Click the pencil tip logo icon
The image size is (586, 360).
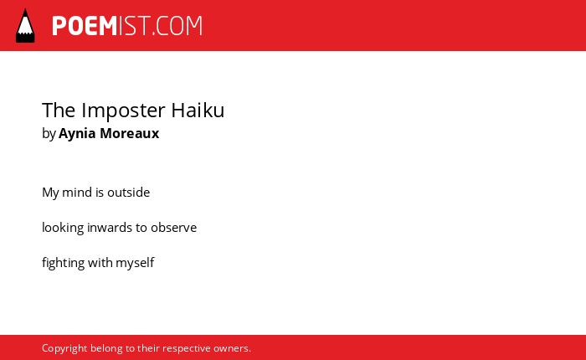point(25,26)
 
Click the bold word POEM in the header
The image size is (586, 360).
point(85,26)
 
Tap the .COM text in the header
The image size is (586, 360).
point(177,26)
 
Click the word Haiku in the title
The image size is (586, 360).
point(198,111)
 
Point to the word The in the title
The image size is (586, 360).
point(59,111)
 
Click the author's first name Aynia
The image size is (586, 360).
point(77,134)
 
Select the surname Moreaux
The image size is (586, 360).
point(129,133)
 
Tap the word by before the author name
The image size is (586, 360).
point(49,134)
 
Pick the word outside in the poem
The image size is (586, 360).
point(129,193)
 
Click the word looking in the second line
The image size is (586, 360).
point(63,228)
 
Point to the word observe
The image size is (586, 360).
point(173,228)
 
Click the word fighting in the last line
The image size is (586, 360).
point(63,263)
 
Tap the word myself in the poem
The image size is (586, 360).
point(135,263)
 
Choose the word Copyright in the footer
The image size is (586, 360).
point(64,349)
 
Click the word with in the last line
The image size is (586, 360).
point(100,263)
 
